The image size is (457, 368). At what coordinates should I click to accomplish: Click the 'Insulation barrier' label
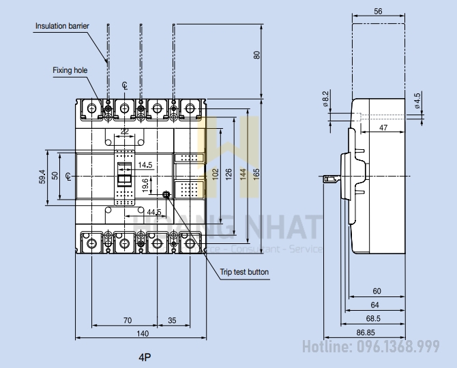62,26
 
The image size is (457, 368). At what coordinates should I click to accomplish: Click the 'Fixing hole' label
68,70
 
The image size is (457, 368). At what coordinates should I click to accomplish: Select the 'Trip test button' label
244,272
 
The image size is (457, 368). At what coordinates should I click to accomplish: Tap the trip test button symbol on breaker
166,195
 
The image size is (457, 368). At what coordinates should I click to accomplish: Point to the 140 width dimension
142,333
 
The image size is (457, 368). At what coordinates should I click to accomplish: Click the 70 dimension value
127,319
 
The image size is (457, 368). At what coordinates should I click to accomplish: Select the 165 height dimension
256,173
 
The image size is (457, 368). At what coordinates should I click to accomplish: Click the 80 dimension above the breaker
256,55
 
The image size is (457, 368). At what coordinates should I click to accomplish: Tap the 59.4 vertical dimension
42,177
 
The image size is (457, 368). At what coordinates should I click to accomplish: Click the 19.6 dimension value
145,184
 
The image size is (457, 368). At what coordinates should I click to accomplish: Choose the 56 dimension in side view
379,11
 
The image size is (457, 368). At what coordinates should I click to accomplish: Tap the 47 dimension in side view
384,128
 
